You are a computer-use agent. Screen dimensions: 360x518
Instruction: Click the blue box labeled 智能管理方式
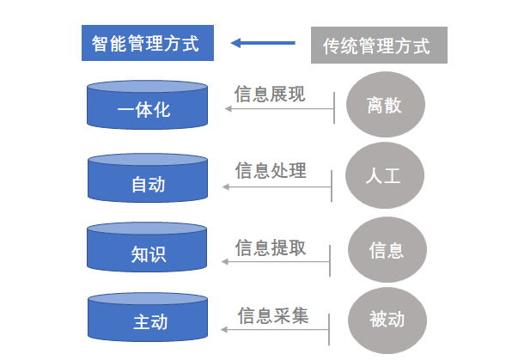[x=146, y=44]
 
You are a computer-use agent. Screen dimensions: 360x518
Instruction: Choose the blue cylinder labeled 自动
[x=148, y=182]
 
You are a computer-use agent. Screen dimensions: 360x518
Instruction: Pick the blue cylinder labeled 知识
[x=148, y=252]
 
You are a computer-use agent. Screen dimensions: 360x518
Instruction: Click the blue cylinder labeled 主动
[x=148, y=321]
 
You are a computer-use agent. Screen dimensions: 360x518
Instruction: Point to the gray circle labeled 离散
[x=384, y=106]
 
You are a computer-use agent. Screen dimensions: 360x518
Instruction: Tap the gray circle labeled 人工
[x=384, y=177]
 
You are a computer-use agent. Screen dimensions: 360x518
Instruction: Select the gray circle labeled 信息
[x=386, y=250]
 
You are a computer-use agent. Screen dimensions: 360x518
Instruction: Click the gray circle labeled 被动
[x=385, y=320]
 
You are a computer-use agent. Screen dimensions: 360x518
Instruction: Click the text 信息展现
[x=269, y=93]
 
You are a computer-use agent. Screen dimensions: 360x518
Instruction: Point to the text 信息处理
[x=271, y=170]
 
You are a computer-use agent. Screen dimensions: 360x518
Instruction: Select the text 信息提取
[x=271, y=248]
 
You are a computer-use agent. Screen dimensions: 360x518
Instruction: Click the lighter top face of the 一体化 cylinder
[x=148, y=87]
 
